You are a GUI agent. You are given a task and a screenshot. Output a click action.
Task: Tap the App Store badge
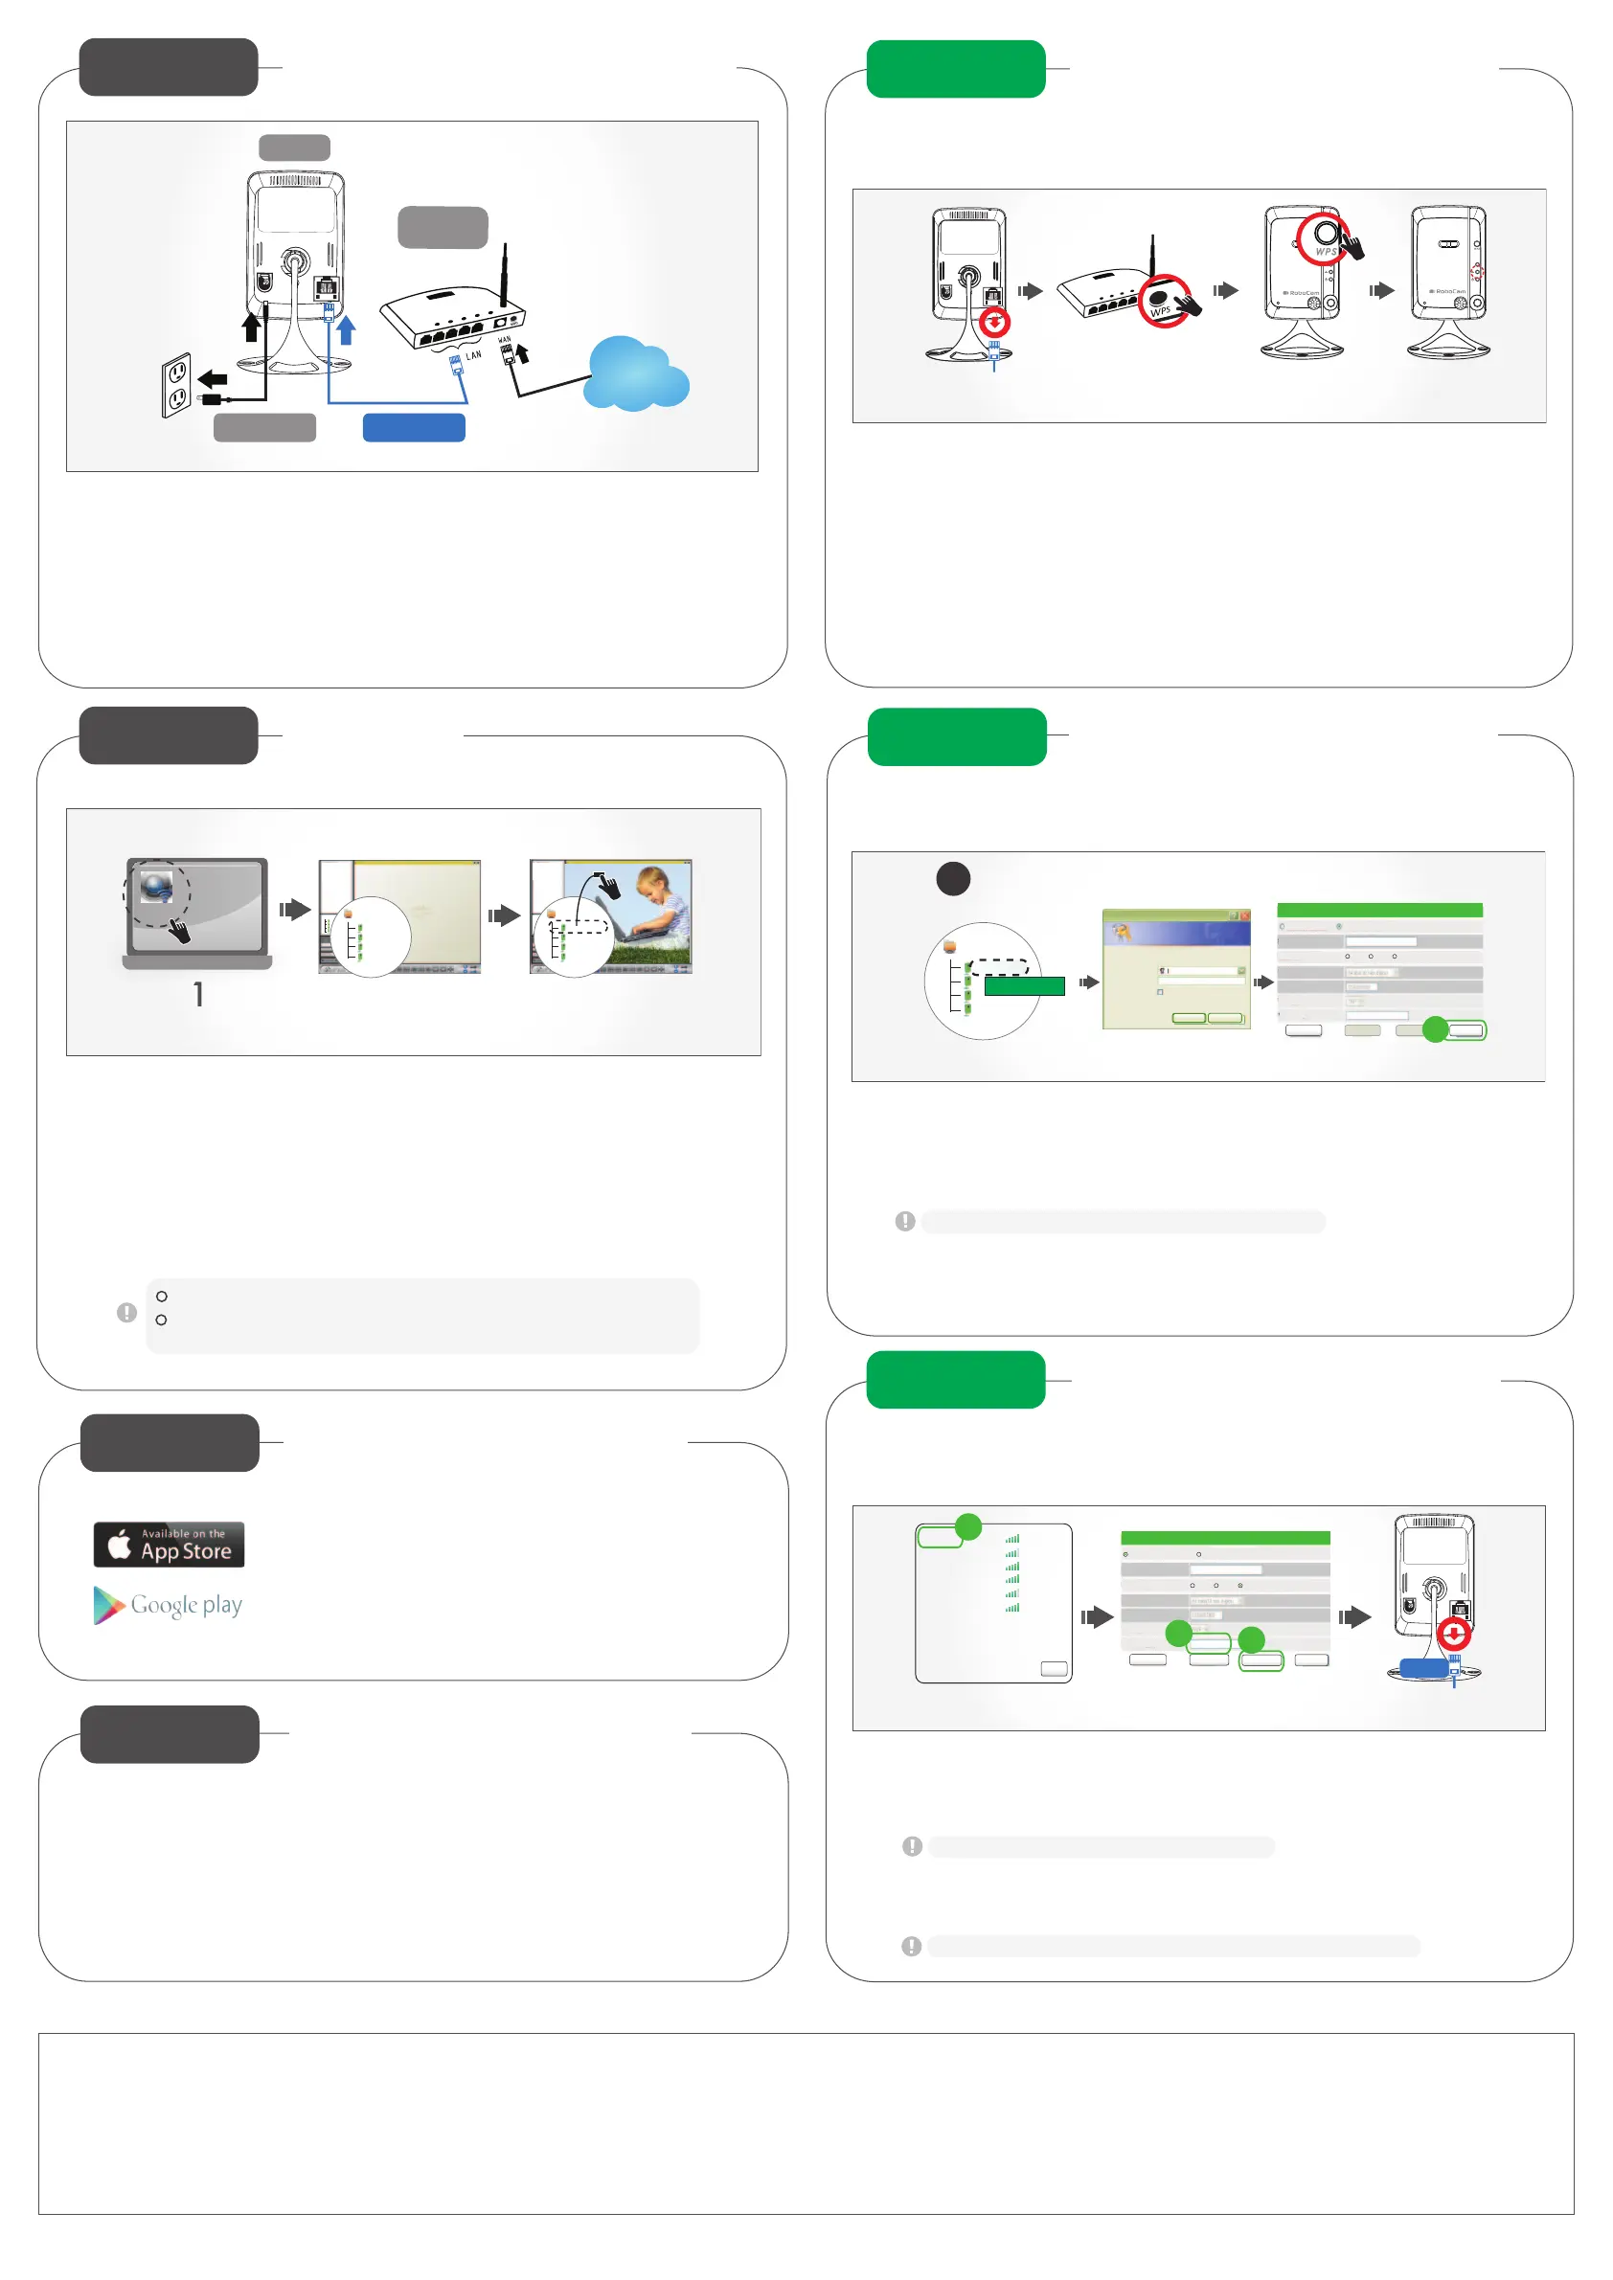point(169,1545)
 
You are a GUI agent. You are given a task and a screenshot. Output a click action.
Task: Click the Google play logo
point(168,1605)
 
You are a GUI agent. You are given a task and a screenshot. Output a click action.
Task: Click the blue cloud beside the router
point(635,375)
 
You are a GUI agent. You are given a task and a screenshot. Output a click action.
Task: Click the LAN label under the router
point(474,354)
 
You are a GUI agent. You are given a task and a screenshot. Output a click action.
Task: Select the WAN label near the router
point(505,340)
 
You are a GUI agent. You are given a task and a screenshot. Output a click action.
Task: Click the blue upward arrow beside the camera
point(346,329)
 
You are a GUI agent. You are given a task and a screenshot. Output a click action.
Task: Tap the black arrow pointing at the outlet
point(213,378)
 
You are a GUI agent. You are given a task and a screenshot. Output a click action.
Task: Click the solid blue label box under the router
point(414,427)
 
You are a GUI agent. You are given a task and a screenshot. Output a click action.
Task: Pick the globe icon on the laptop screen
point(156,886)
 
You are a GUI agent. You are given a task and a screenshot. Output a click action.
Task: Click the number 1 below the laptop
point(198,994)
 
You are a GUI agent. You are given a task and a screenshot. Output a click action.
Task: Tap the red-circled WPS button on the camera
point(1325,237)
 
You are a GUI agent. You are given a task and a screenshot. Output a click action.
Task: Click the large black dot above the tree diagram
point(953,879)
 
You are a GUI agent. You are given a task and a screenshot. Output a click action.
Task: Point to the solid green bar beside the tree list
point(1024,986)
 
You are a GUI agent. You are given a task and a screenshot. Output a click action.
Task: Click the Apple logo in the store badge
point(119,1545)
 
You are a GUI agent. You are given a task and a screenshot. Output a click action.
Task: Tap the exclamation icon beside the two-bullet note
point(127,1313)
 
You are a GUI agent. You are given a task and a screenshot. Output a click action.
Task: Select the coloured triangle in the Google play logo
point(107,1605)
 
